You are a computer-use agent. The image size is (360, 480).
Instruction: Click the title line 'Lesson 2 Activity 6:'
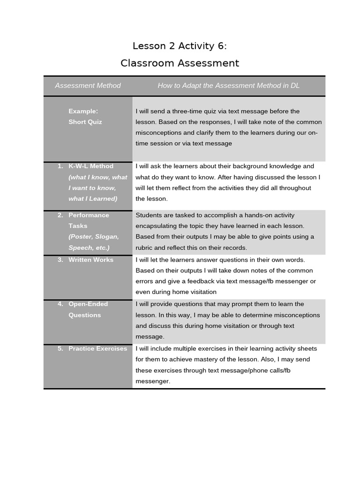point(180,45)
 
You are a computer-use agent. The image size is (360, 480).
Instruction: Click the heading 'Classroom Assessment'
point(180,63)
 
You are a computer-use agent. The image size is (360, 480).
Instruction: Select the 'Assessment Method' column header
point(88,85)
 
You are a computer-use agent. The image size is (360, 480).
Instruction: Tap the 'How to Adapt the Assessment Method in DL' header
point(228,85)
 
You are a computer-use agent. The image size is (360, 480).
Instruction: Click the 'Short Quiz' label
point(85,122)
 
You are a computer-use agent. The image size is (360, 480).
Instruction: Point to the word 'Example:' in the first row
point(83,111)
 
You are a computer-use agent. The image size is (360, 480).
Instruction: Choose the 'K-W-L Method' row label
point(90,166)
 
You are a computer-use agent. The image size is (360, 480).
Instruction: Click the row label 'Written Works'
point(90,260)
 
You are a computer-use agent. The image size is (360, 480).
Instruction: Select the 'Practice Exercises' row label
point(97,349)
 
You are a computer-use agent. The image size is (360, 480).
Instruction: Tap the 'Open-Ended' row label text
point(88,304)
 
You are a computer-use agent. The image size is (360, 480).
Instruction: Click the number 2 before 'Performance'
point(60,215)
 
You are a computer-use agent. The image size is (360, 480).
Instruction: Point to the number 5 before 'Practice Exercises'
point(60,349)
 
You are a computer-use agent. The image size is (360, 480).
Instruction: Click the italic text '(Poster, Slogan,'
point(93,237)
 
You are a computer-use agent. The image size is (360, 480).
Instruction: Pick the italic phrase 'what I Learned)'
point(92,199)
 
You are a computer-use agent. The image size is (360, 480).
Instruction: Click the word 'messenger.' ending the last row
point(152,381)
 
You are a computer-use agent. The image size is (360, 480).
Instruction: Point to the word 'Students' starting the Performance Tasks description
point(148,215)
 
